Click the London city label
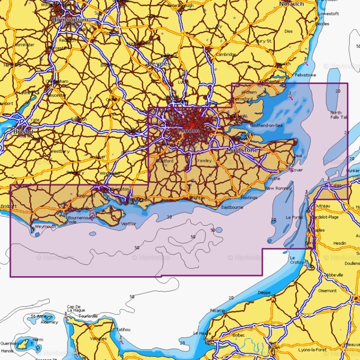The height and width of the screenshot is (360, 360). click(189, 130)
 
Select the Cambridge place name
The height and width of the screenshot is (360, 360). click(227, 54)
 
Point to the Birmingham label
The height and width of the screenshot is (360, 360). click(70, 19)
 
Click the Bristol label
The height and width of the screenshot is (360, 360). click(22, 131)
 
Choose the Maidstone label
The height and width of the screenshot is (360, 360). click(243, 149)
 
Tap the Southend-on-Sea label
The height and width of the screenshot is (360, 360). click(266, 125)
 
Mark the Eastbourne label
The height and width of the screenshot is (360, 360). click(232, 207)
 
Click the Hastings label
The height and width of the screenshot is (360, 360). click(248, 197)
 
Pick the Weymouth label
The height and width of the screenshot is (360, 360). click(45, 226)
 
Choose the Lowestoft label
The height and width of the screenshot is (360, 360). click(329, 13)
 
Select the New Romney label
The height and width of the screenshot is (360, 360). click(278, 188)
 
